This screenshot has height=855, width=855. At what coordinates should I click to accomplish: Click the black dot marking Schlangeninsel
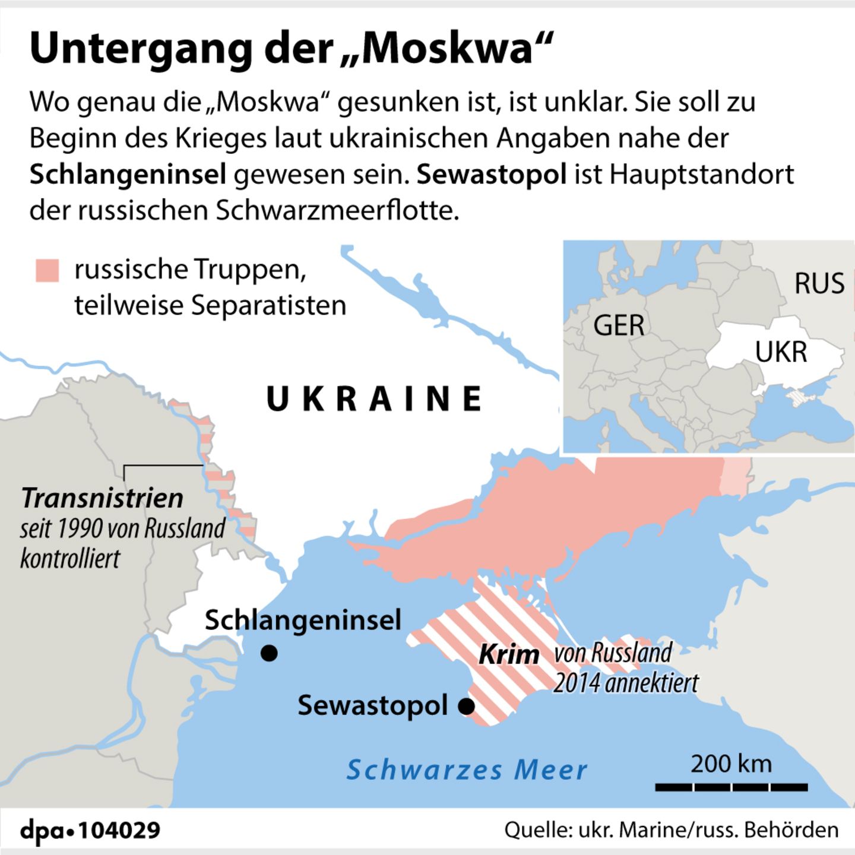pos(269,653)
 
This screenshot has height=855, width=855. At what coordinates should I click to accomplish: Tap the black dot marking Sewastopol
pos(467,707)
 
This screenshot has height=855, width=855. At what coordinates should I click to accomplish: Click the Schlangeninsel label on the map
pos(303,620)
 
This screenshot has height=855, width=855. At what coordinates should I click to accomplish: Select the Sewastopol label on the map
pos(372,705)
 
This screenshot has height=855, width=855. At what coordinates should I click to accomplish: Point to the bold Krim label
pos(509,655)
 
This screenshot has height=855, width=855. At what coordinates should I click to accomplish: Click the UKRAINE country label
pos(374,399)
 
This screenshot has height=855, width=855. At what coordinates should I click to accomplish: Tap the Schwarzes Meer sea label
pos(467,770)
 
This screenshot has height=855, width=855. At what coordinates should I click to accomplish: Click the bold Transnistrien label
pos(102,498)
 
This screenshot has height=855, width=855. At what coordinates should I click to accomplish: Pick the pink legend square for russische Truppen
pos(47,270)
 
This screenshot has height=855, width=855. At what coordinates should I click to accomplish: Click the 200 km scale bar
pos(731,787)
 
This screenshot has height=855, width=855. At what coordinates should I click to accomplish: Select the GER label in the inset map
pos(619,325)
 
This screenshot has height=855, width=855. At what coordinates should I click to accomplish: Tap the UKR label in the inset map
pos(781,352)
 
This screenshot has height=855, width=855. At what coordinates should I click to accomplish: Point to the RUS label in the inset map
pos(819,283)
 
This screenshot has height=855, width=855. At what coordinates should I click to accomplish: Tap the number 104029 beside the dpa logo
pos(119,830)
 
